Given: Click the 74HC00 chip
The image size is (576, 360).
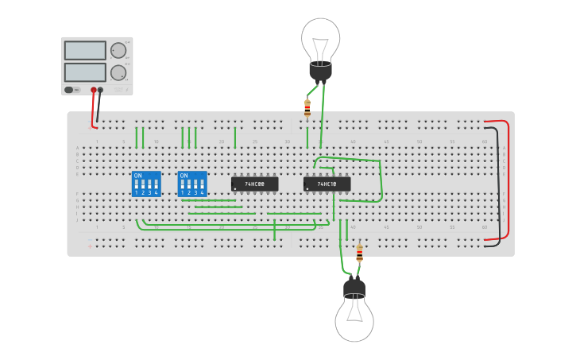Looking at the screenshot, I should (254, 184).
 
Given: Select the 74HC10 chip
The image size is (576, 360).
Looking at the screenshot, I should (327, 184).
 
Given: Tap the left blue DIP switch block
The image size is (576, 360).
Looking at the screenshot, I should (146, 184).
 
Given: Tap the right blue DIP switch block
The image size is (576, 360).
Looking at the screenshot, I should (192, 184).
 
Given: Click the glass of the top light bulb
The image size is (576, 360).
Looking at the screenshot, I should (321, 38).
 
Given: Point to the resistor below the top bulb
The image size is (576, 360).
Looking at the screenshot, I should (307, 107).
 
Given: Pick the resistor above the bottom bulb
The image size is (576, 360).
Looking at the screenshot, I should (359, 253).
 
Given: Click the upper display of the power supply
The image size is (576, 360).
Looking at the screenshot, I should (85, 51).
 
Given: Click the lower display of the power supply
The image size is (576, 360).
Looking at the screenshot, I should (85, 72).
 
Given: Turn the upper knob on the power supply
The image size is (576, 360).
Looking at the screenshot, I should (118, 50).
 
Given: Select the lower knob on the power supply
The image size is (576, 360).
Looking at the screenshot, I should (118, 73).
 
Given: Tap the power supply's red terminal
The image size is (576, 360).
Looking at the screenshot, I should (94, 90).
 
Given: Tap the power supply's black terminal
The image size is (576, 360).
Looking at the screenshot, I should (100, 90).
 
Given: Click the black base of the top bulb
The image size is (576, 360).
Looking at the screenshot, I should (320, 71).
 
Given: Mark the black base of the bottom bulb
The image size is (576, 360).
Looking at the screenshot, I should (354, 287).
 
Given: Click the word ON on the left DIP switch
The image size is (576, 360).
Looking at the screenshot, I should (137, 176).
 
